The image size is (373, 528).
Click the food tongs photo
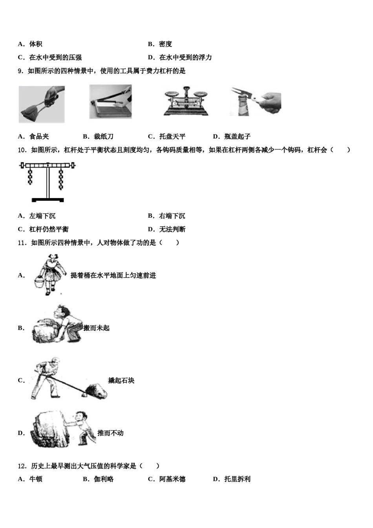pyautogui.click(x=42, y=104)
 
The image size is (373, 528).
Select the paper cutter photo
pyautogui.click(x=110, y=102)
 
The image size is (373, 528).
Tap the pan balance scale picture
pyautogui.click(x=186, y=102)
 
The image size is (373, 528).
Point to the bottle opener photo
pyautogui.click(x=255, y=102)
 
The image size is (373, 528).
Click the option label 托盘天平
pyautogui.click(x=172, y=137)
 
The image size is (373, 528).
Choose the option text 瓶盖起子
pyautogui.click(x=237, y=137)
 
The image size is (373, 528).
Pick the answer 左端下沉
pyautogui.click(x=42, y=216)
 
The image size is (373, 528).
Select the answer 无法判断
pyautogui.click(x=172, y=229)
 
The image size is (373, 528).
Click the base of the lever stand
pyautogui.click(x=48, y=200)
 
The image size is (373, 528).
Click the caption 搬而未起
pyautogui.click(x=97, y=328)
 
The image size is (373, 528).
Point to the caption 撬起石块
pyautogui.click(x=121, y=381)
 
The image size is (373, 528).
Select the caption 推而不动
pyautogui.click(x=110, y=433)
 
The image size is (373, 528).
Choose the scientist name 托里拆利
pyautogui.click(x=237, y=479)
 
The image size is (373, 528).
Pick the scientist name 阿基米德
pyautogui.click(x=172, y=479)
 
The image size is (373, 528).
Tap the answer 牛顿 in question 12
pyautogui.click(x=36, y=479)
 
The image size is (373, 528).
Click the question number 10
pyautogui.click(x=22, y=150)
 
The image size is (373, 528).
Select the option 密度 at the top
pyautogui.click(x=165, y=44)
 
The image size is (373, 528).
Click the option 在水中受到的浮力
pyautogui.click(x=185, y=58)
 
